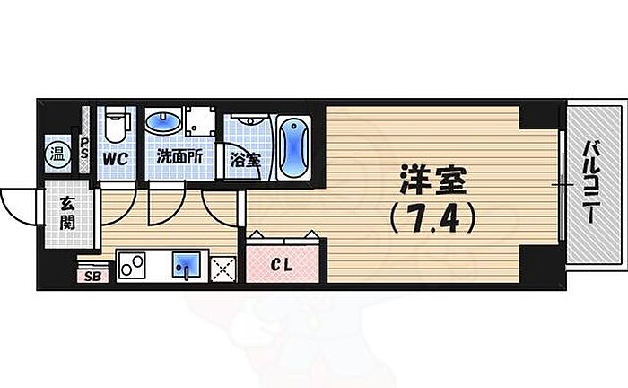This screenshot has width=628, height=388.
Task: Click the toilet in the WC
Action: pyautogui.click(x=113, y=126)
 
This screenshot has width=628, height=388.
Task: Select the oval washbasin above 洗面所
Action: pyautogui.click(x=164, y=121)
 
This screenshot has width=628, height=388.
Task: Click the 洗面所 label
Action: pyautogui.click(x=179, y=157)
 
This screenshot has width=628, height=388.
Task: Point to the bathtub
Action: pyautogui.click(x=294, y=146)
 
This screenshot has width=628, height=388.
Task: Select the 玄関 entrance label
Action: pyautogui.click(x=69, y=214)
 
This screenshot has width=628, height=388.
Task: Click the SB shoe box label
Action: pyautogui.click(x=92, y=275)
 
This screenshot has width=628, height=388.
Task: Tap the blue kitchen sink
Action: pyautogui.click(x=187, y=264)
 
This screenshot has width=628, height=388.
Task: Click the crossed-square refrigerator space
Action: pyautogui.click(x=222, y=266)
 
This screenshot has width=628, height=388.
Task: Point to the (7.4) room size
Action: pyautogui.click(x=431, y=216)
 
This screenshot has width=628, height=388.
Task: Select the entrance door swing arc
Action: pyautogui.click(x=20, y=202)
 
